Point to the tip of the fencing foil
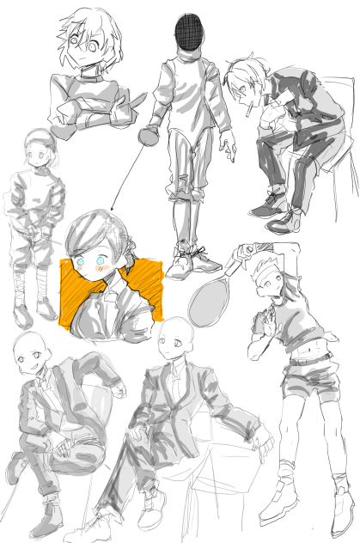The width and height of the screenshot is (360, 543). point(113,210)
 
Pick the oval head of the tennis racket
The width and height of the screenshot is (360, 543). point(208,291)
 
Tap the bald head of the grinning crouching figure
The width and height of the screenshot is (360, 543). point(28,351)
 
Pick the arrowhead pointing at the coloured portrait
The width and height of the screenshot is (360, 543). point(113,210)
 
